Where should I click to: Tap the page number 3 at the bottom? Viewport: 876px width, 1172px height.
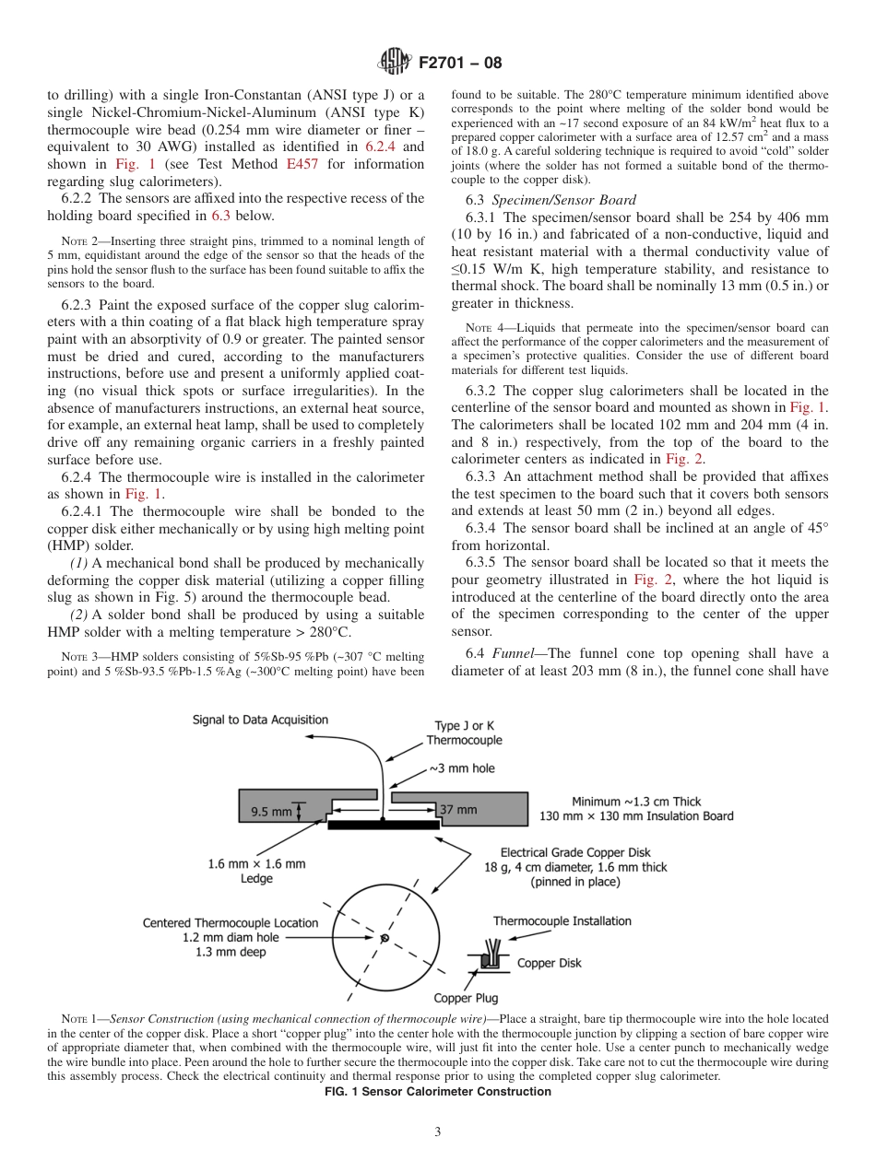pyautogui.click(x=437, y=1132)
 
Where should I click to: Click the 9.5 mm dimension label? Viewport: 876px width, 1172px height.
pyautogui.click(x=271, y=812)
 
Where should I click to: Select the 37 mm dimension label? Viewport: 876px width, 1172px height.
pyautogui.click(x=457, y=810)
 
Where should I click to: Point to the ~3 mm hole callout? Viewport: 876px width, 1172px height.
pyautogui.click(x=462, y=768)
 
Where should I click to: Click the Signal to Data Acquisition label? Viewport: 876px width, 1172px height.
pyautogui.click(x=260, y=720)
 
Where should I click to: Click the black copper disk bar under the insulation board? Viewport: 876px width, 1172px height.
pyautogui.click(x=383, y=826)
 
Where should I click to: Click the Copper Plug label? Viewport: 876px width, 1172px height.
pyautogui.click(x=466, y=998)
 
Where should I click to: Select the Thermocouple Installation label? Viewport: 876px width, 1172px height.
pyautogui.click(x=562, y=920)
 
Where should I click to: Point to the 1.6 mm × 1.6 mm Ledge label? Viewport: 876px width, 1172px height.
pyautogui.click(x=256, y=871)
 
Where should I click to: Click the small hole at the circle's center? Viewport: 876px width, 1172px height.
pyautogui.click(x=385, y=938)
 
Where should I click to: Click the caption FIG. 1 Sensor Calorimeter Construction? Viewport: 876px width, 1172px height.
pyautogui.click(x=437, y=1092)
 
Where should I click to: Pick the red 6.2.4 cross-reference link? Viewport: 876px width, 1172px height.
pyautogui.click(x=382, y=146)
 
